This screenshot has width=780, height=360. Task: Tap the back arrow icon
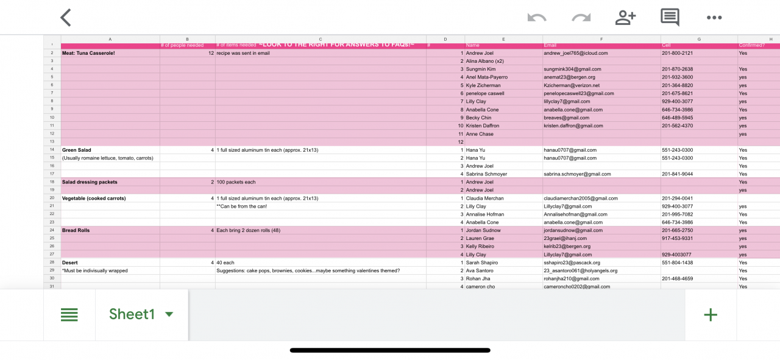coord(66,18)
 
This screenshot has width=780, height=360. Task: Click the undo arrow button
coord(536,18)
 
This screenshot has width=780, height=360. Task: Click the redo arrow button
coord(581,18)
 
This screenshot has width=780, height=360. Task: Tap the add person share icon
coord(625,18)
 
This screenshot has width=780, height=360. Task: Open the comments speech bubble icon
coord(670,17)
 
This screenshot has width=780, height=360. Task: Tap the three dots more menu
coord(714,18)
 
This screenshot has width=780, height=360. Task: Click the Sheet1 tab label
coord(132,314)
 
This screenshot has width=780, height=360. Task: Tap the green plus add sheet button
coord(711,314)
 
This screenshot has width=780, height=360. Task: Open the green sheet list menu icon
coord(69,314)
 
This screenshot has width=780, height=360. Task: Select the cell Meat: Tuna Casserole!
coord(88,53)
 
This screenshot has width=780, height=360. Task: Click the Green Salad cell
coord(77,150)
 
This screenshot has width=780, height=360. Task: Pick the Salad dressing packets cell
coord(90,182)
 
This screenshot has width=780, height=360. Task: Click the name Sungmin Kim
coord(481,69)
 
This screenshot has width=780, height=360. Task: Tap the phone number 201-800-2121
coord(677,53)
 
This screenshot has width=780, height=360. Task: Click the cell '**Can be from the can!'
coord(241,206)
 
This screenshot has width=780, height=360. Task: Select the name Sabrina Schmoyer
coord(486,174)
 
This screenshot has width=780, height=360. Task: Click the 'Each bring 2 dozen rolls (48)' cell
coord(248,230)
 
